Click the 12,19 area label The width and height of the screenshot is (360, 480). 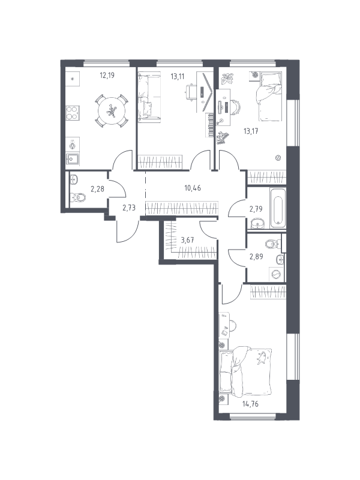[x=107, y=75]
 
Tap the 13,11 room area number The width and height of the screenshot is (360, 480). [x=177, y=76]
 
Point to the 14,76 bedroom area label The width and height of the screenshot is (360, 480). [x=250, y=404]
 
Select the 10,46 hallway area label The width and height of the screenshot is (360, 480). [x=193, y=188]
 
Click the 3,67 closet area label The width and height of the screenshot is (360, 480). [x=187, y=240]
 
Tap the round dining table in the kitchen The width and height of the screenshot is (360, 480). [x=112, y=111]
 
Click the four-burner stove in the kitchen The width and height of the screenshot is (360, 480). [x=73, y=113]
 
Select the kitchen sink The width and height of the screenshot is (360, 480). [x=73, y=159]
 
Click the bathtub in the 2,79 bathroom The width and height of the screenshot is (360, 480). [x=278, y=208]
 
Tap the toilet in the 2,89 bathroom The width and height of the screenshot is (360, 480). [x=273, y=244]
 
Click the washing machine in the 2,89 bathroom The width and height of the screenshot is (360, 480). [x=277, y=274]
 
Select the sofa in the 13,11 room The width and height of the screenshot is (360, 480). [x=149, y=97]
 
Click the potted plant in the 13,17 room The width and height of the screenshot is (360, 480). [x=228, y=79]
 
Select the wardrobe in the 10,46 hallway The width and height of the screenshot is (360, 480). [x=182, y=208]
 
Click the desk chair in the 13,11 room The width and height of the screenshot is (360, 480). [x=191, y=92]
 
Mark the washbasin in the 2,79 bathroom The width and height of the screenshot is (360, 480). [x=258, y=223]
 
